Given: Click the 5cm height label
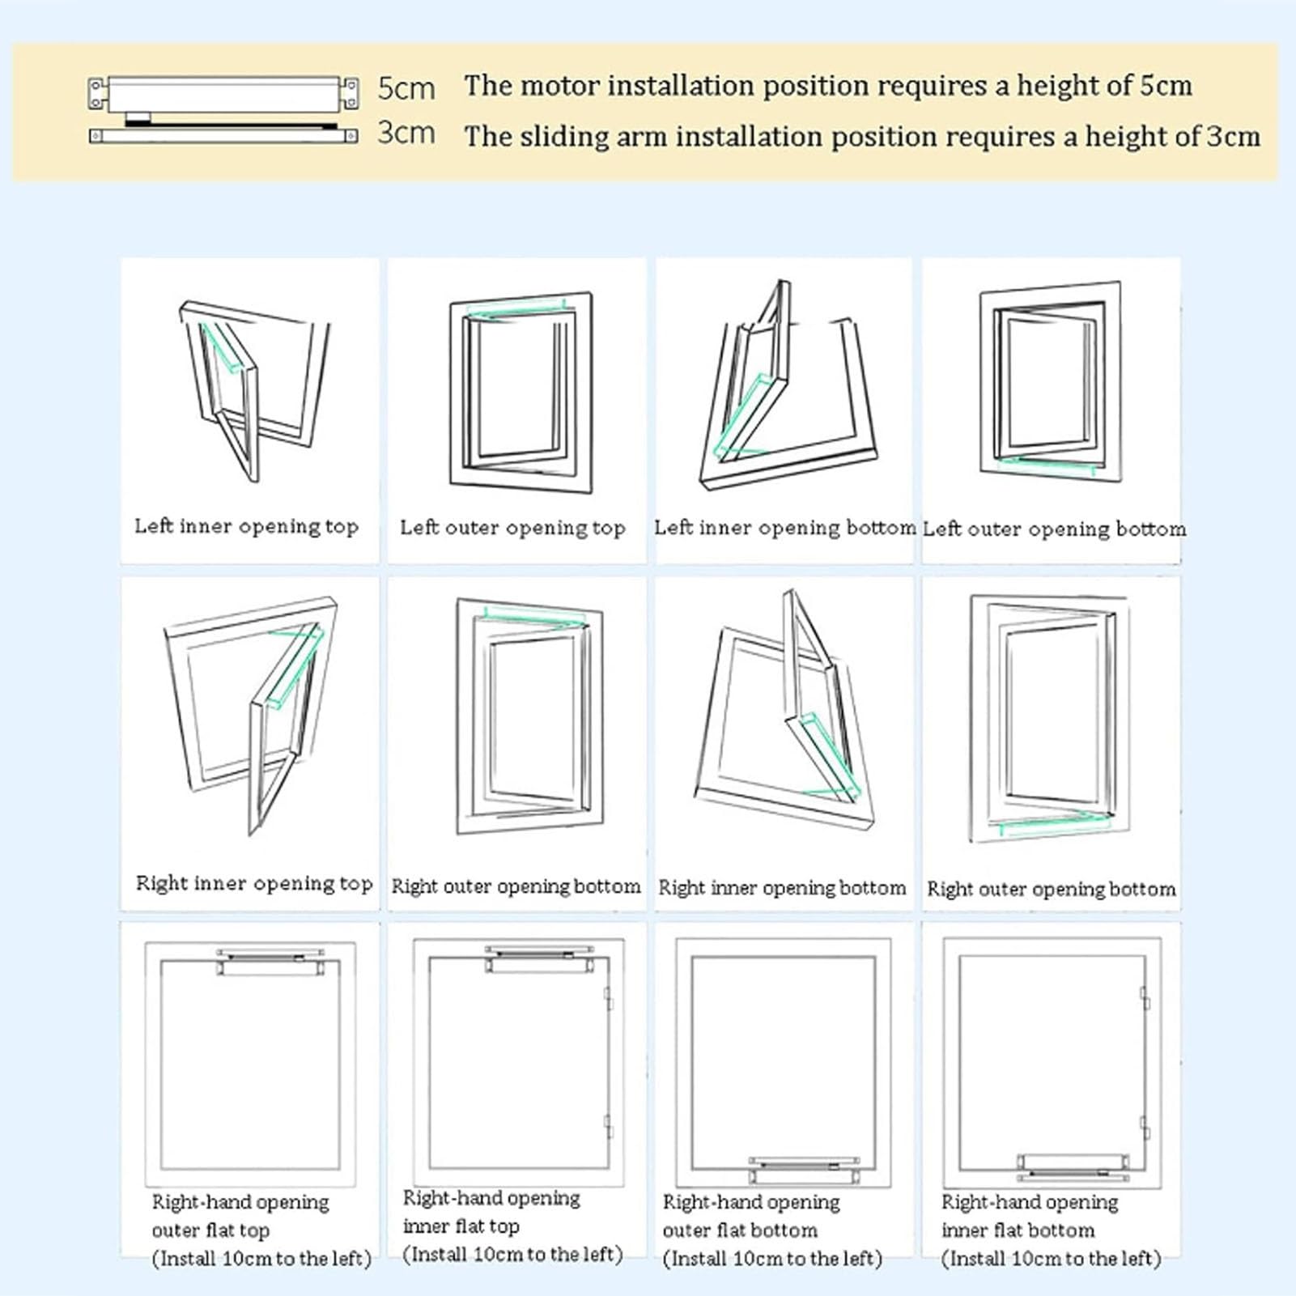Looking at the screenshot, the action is (x=406, y=88).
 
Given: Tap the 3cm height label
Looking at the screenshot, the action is (x=406, y=133).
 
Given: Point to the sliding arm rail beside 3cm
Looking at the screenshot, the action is (x=223, y=135).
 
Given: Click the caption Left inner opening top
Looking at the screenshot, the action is (x=246, y=527).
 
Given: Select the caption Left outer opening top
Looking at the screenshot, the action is (x=512, y=529).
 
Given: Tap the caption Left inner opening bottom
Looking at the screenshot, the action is (x=784, y=529).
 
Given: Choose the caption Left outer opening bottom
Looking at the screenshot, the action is (x=1054, y=529).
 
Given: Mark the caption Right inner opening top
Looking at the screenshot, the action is (x=254, y=884).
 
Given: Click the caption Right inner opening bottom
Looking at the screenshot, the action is (x=782, y=888).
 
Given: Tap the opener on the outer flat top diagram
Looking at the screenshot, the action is (x=270, y=962).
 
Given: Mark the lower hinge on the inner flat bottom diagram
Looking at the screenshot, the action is (x=1145, y=1128).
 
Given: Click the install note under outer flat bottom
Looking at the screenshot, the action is (x=772, y=1259).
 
